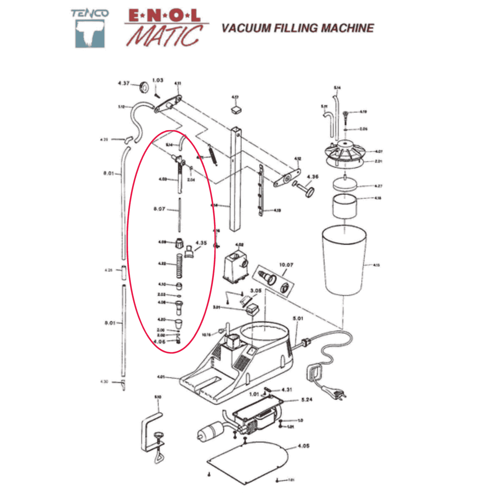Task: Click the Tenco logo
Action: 90,29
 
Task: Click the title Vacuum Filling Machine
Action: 297,28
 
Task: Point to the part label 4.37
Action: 124,83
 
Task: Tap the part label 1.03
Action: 158,80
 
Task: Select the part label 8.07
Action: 159,209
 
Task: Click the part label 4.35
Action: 201,243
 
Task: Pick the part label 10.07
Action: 286,265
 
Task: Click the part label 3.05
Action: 256,291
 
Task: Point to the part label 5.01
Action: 298,318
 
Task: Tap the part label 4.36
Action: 313,177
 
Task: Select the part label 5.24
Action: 307,400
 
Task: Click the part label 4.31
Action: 287,390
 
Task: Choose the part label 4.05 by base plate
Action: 303,446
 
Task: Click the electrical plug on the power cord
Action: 337,393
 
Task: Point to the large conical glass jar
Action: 344,260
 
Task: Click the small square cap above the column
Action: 236,109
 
